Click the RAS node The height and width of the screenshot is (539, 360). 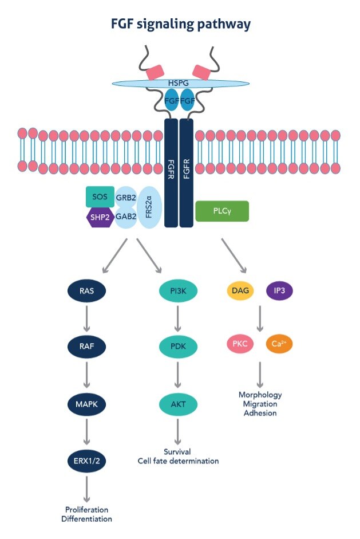87,290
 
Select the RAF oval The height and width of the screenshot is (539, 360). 87,347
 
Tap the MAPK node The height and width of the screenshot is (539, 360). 87,405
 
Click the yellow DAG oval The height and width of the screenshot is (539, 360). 241,290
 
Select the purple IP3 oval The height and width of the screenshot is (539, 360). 280,290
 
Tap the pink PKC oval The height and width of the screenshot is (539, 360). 241,345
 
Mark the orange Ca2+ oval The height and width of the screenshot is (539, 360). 280,345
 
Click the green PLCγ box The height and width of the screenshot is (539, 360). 222,211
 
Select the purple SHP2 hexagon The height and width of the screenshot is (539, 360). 100,218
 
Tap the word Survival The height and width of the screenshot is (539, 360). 178,451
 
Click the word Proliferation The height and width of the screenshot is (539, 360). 87,509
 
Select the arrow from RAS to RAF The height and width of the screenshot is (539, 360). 87,318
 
